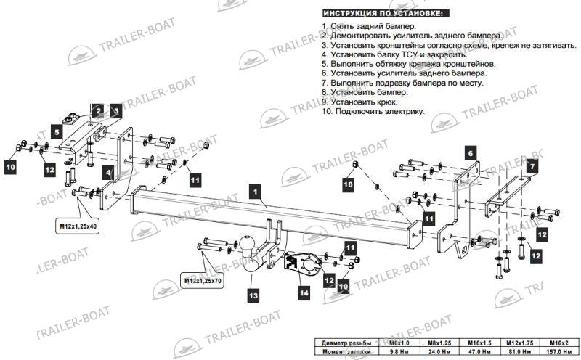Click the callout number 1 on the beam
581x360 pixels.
(256, 192)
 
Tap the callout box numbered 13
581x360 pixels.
(253, 295)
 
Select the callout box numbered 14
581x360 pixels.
(304, 293)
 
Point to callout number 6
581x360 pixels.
(471, 153)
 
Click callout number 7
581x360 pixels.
(532, 166)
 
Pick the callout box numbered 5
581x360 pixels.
(57, 132)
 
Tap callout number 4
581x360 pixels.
(108, 173)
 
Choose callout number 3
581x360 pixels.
(116, 111)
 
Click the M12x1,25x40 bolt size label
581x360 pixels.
(78, 226)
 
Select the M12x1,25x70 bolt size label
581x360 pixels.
(203, 281)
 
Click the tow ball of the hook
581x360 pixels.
(246, 243)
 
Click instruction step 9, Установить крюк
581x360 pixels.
(359, 102)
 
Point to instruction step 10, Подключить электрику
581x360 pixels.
(373, 111)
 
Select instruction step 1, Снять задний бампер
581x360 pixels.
(369, 26)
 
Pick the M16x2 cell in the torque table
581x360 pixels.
(559, 343)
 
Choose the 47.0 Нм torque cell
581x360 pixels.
(480, 351)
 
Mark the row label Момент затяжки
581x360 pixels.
(346, 351)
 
